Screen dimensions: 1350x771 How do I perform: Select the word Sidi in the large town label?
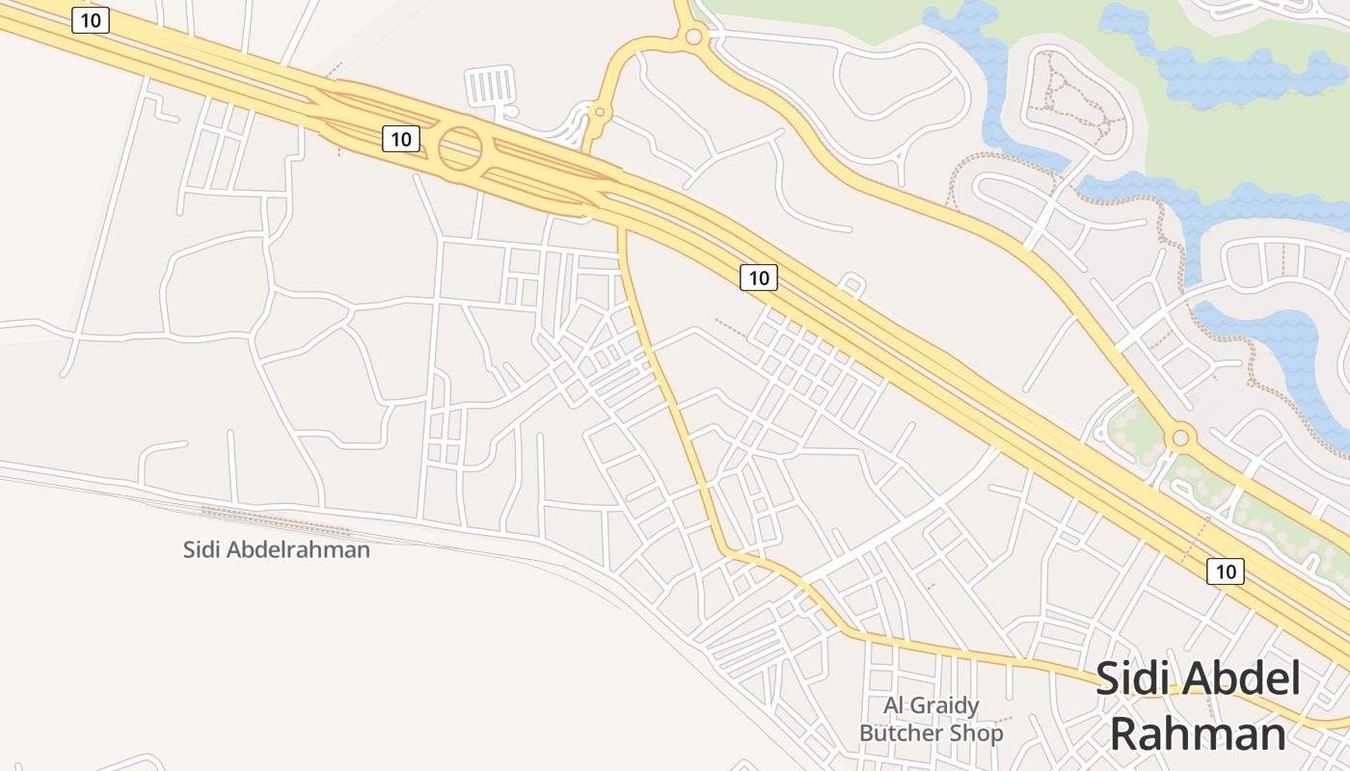coord(1132,679)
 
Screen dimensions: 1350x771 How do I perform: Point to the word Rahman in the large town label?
coord(1198,734)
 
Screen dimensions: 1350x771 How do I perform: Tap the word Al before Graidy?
coord(895,705)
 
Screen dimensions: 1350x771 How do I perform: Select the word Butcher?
coord(903,733)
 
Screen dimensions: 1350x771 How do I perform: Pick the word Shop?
coord(977,733)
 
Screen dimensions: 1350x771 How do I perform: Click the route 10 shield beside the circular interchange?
coord(401,139)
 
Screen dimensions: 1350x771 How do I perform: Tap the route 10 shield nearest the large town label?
coord(1225,572)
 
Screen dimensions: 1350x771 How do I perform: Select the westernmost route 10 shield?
coord(91,20)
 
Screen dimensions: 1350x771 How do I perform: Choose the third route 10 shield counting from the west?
coord(759,278)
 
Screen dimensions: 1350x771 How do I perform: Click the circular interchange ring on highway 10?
coord(460,148)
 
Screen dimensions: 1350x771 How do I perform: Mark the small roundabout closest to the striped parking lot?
coord(599,113)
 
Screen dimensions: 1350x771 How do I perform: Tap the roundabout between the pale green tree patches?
coord(1180,438)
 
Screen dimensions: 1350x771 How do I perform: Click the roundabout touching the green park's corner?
coord(692,38)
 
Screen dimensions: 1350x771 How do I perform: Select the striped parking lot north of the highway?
coord(490,86)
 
